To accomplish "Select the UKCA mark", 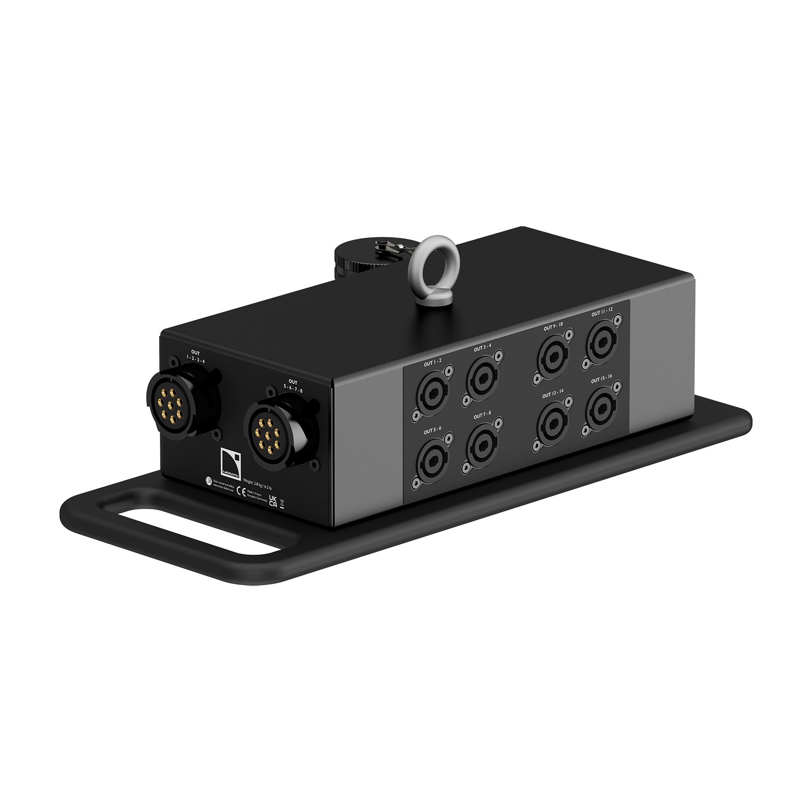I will (273, 501).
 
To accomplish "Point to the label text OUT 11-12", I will (602, 310).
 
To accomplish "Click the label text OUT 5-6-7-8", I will (293, 385).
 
